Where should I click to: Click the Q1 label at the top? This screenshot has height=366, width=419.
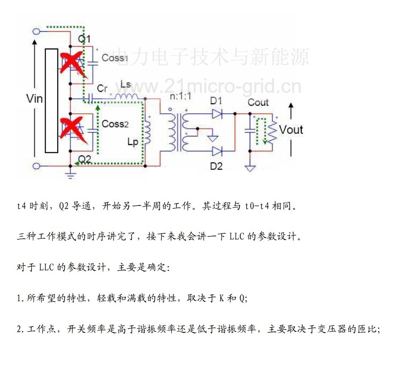click(84, 39)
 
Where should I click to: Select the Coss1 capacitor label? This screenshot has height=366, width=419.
click(115, 57)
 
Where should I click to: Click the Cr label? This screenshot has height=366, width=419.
click(102, 88)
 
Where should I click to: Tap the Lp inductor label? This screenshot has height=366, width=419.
click(133, 142)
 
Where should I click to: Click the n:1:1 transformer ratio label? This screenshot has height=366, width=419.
click(180, 97)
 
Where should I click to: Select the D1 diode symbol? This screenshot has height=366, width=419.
click(217, 114)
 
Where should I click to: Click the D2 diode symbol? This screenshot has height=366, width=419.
click(217, 151)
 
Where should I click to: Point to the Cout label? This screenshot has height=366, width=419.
click(258, 103)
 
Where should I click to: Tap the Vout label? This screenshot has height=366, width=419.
click(291, 130)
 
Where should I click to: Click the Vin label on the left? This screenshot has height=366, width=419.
click(35, 99)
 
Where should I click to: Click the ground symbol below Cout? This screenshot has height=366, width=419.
click(250, 169)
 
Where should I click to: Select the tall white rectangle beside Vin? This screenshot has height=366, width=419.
click(51, 101)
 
